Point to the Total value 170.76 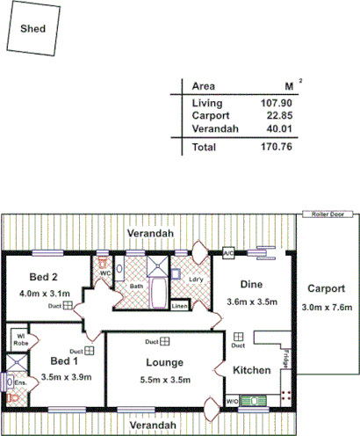tap(276, 148)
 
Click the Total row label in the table tap(204, 148)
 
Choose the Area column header tap(204, 86)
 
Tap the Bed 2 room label tap(43, 277)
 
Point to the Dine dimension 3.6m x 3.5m tap(252, 302)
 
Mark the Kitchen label tap(252, 370)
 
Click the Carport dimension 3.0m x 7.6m tap(326, 307)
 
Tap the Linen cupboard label tap(179, 306)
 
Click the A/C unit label tap(227, 254)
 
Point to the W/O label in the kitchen tap(232, 402)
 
